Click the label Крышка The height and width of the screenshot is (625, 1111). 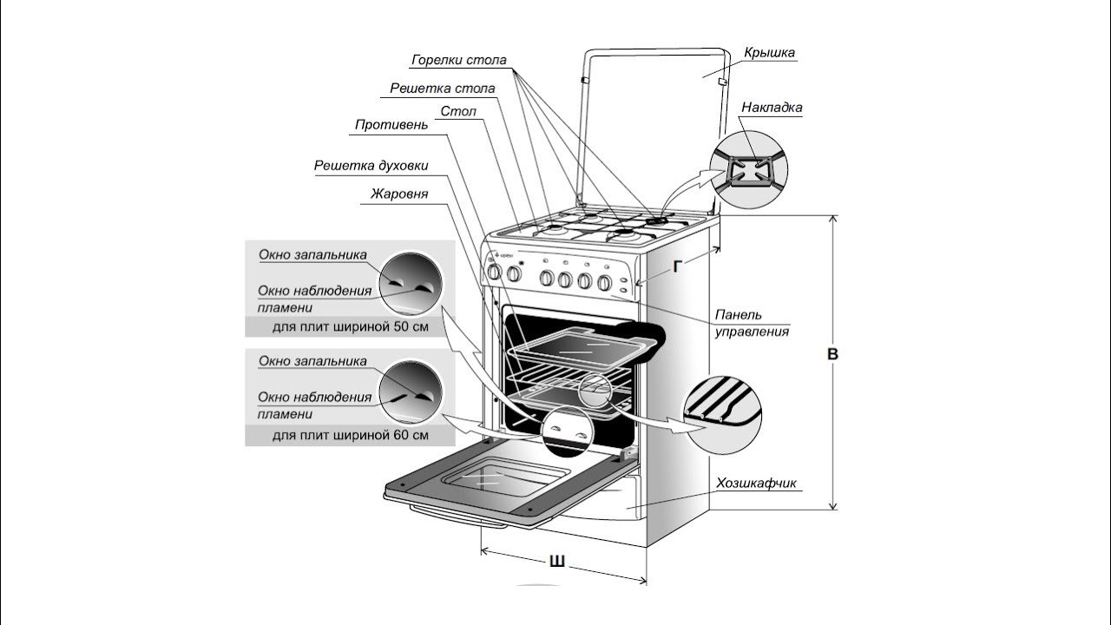coord(769,53)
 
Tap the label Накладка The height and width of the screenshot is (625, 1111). coord(771,108)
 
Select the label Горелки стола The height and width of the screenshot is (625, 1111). coord(459,61)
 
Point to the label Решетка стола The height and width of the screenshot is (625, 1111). coord(443,89)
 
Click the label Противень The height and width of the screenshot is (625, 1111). coord(391,125)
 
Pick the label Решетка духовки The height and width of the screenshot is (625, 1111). coord(371,166)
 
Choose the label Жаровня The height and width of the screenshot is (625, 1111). coord(399,194)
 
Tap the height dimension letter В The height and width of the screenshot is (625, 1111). coord(832,354)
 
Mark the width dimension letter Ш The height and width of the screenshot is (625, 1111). coord(557,562)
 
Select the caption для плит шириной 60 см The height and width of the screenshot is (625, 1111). coord(350,435)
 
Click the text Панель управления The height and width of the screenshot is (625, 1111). coord(752,322)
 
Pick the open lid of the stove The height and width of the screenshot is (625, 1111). coord(651,122)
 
